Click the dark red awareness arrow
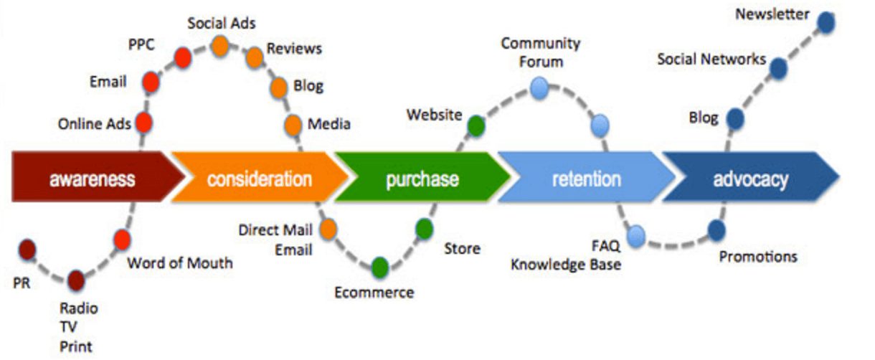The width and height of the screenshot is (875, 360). click(x=92, y=178)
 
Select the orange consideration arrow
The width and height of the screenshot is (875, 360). click(x=258, y=178)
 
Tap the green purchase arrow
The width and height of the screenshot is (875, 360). click(x=422, y=178)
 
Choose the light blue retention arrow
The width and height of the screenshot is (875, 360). click(x=585, y=178)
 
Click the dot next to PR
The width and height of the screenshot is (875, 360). click(x=27, y=250)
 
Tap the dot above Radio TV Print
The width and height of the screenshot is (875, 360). click(x=75, y=279)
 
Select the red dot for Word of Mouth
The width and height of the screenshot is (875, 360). click(x=122, y=239)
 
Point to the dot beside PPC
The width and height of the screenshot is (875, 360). click(x=182, y=57)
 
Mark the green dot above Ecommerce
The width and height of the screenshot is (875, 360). click(x=379, y=267)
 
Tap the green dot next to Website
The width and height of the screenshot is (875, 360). click(x=476, y=126)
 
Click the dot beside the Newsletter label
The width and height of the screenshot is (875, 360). click(x=826, y=23)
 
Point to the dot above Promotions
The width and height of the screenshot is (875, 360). click(x=716, y=230)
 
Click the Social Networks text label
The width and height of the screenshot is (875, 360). click(x=711, y=60)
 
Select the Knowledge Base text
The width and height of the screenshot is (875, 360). click(x=565, y=265)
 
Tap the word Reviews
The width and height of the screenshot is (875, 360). click(x=294, y=49)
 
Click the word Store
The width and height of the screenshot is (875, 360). click(x=462, y=250)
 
